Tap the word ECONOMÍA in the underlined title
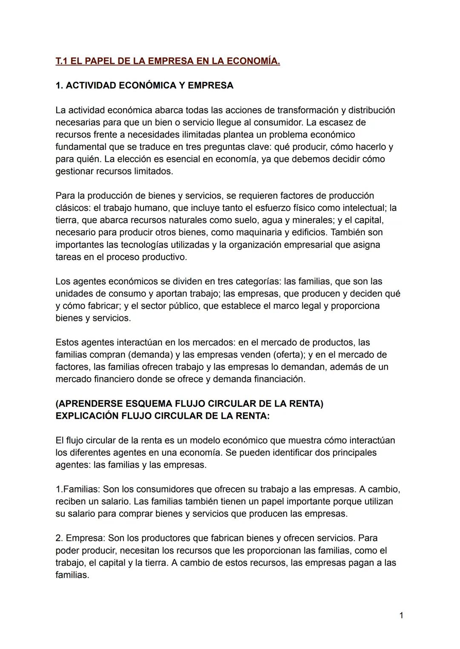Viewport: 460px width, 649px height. (x=254, y=61)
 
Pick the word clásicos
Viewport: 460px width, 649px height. (x=72, y=208)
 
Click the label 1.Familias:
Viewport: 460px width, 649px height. (x=78, y=489)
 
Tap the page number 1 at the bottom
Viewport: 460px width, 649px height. (x=401, y=615)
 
